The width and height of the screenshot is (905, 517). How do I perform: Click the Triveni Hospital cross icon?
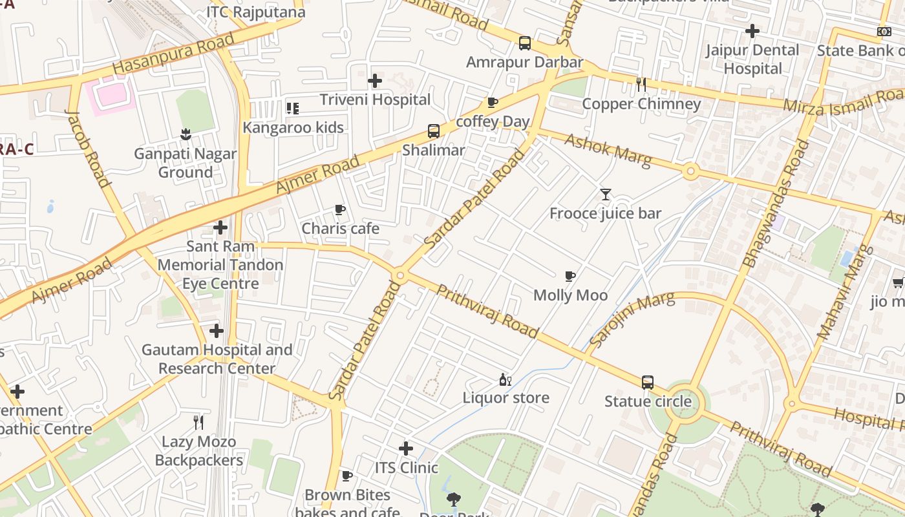coord(374,81)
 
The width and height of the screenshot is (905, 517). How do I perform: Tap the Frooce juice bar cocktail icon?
coord(605,194)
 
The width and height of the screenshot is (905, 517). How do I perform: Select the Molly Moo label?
coord(570,295)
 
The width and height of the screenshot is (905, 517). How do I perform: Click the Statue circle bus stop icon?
coord(648,383)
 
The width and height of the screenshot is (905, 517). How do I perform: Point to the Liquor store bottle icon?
coord(506,379)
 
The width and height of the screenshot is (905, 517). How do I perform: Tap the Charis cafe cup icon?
coord(340,209)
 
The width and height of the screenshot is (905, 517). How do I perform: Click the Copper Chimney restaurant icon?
coord(641,85)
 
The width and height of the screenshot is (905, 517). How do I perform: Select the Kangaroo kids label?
coord(293,127)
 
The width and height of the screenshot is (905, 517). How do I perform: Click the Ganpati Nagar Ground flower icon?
coord(186,134)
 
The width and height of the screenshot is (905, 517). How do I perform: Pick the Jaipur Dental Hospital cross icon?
coord(752,30)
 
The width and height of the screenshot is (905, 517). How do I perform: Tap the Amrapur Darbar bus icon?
coord(524,43)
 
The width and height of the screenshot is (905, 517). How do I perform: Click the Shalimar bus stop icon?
coord(433,131)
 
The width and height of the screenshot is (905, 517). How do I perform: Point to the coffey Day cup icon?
coord(493,103)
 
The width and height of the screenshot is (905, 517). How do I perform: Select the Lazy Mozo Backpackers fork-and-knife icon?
coord(199,423)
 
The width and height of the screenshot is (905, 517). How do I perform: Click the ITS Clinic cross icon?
coord(405,448)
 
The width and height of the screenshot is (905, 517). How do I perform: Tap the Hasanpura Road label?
coord(173,54)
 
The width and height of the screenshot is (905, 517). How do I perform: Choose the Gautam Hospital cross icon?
coord(216,331)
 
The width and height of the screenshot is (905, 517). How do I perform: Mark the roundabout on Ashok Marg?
coord(690,171)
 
